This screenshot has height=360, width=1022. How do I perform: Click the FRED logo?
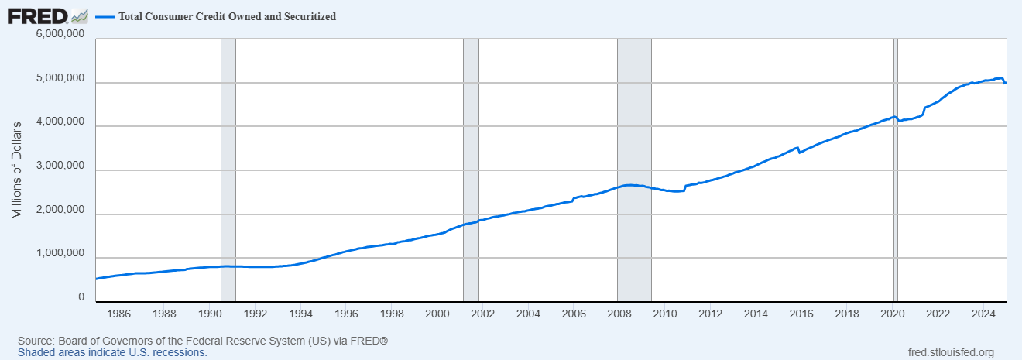[x=37, y=16]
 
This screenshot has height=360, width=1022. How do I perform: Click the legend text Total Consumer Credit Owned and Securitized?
[x=227, y=16]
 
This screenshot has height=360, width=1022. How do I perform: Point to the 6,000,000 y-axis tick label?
[x=60, y=35]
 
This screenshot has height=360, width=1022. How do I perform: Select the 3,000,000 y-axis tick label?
[x=60, y=167]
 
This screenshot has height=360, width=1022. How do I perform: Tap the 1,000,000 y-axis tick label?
[x=60, y=255]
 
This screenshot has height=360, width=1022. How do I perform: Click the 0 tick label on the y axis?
[x=81, y=297]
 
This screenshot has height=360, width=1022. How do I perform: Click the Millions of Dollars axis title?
[x=17, y=169]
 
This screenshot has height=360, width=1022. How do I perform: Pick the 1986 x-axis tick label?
[x=118, y=314]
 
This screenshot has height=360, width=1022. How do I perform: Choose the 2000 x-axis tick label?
[x=437, y=314]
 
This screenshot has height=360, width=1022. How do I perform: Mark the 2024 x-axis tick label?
[x=983, y=314]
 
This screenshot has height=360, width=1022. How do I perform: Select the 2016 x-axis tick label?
[x=801, y=314]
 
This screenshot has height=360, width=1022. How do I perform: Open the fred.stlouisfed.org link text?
[x=950, y=352]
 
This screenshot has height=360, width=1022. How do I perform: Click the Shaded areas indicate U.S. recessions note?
[x=111, y=352]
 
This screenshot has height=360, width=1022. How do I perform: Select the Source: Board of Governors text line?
[x=202, y=341]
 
